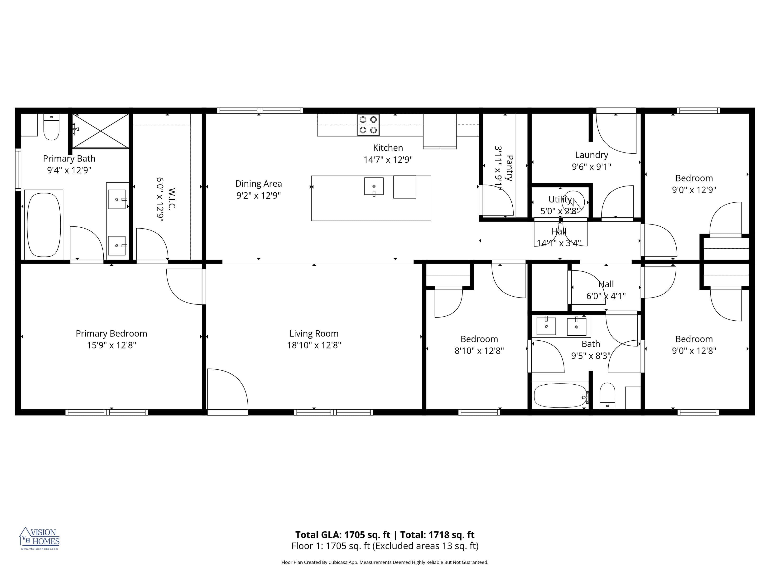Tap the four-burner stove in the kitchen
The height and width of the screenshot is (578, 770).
click(368, 125)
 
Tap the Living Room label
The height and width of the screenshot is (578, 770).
click(314, 333)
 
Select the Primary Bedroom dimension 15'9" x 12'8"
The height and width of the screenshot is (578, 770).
click(111, 345)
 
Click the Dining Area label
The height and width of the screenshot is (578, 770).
click(258, 184)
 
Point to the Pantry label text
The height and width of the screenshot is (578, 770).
click(509, 168)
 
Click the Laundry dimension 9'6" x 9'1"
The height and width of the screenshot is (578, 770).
click(592, 167)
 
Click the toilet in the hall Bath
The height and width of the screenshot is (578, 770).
click(607, 396)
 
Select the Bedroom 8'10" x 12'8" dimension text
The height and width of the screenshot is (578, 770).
click(479, 351)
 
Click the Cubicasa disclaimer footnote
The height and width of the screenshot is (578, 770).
click(385, 562)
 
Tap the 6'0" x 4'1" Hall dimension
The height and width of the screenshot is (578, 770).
click(606, 296)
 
